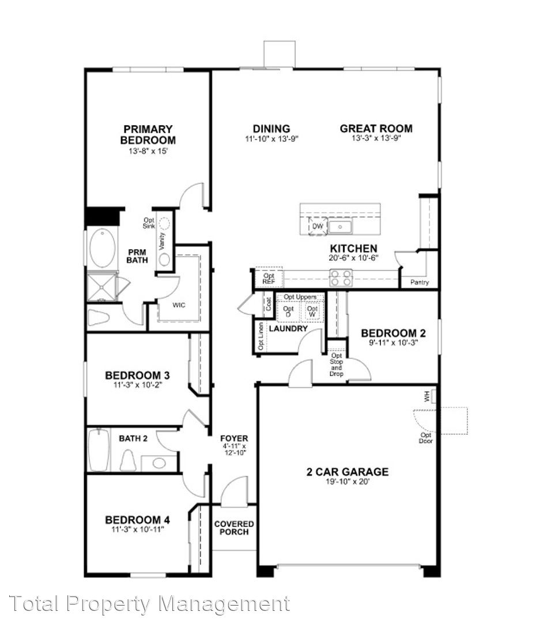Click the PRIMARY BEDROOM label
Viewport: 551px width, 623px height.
tap(148, 134)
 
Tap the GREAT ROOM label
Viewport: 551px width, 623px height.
tap(376, 128)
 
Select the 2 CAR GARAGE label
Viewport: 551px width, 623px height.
tap(348, 472)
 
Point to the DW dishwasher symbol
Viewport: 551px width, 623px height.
tap(318, 226)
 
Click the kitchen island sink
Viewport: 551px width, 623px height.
tap(340, 227)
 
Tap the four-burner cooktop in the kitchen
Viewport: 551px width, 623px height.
tap(341, 277)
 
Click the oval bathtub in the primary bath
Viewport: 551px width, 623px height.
tap(103, 248)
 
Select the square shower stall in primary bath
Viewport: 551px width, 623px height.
tap(102, 287)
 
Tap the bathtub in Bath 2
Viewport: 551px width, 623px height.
tap(99, 450)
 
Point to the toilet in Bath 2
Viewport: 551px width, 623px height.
tap(128, 460)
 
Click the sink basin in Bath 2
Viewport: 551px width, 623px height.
tap(159, 463)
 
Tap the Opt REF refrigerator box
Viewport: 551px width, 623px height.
tap(269, 277)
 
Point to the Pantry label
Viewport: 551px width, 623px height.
tap(420, 282)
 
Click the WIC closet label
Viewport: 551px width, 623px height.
tap(179, 305)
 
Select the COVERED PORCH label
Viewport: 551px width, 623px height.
tap(234, 528)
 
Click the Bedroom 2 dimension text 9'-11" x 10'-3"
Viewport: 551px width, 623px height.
tap(394, 343)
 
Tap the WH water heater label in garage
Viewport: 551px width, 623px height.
tap(427, 396)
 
